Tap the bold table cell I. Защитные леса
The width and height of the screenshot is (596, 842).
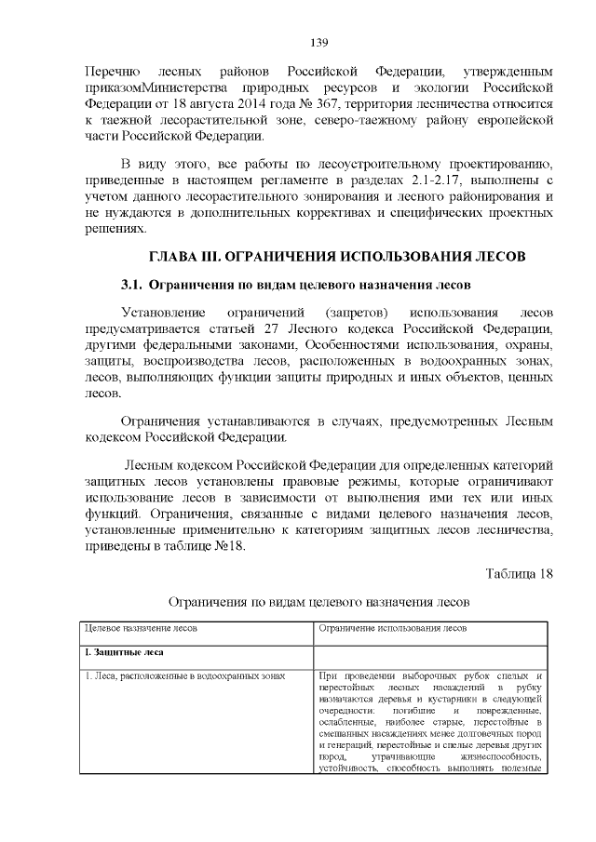click(121, 652)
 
